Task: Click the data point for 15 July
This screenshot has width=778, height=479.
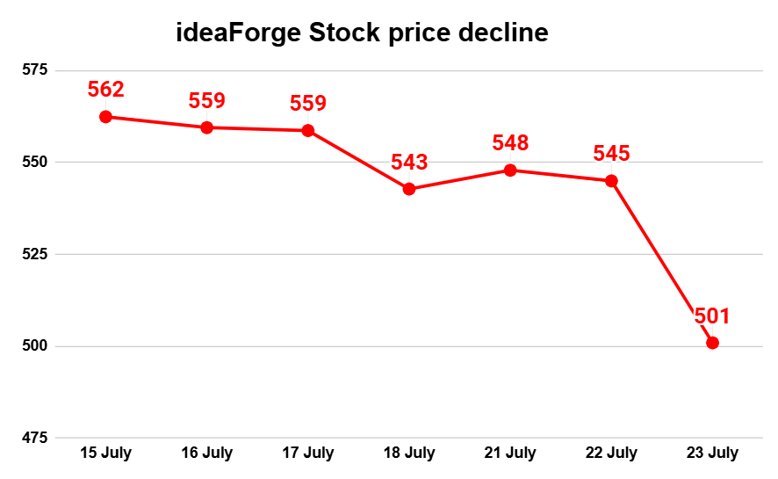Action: (x=106, y=117)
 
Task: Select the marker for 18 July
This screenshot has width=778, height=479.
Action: (x=409, y=189)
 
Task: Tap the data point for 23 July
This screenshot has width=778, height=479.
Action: (x=712, y=343)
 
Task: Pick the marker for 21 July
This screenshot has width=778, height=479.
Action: (x=510, y=171)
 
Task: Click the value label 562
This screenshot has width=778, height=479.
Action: (x=106, y=89)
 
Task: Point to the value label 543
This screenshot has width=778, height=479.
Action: (x=409, y=162)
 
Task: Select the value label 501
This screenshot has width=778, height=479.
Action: (x=712, y=316)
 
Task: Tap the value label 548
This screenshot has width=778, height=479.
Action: (x=510, y=142)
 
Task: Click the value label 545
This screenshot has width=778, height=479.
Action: (x=611, y=154)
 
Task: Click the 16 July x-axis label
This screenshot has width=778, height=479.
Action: (x=207, y=454)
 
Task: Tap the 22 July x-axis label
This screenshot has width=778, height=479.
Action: (x=611, y=454)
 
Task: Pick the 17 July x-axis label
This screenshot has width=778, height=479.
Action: (x=308, y=454)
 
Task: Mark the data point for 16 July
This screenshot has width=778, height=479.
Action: (x=207, y=127)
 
